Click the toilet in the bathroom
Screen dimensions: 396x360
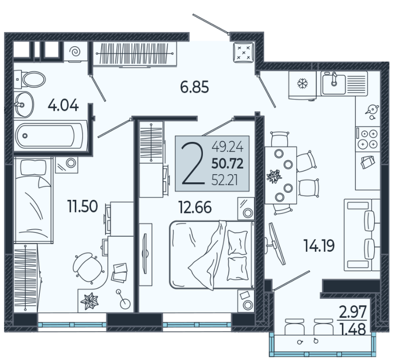(x=30, y=79)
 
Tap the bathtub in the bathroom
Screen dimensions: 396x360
(x=50, y=136)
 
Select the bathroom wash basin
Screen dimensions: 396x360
(x=23, y=105)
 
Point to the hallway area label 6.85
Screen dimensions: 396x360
(x=195, y=87)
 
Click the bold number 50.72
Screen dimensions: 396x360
(x=227, y=163)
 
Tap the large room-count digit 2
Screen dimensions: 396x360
(x=193, y=163)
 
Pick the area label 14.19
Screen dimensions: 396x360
(x=319, y=246)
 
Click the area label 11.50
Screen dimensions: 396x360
(x=83, y=206)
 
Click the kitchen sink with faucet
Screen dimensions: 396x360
(x=333, y=83)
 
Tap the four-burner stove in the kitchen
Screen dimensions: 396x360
(x=368, y=139)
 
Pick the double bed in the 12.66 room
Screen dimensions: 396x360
(x=212, y=254)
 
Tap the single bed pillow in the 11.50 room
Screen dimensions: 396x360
(x=33, y=167)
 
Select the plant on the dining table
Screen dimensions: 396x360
(x=274, y=176)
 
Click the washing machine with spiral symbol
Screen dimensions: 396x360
(x=76, y=51)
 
